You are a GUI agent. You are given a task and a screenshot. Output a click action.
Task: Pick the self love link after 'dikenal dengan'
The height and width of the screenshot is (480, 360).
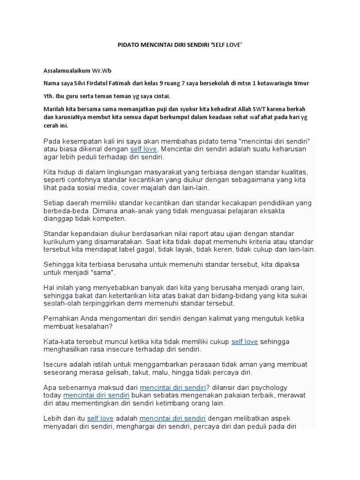144,149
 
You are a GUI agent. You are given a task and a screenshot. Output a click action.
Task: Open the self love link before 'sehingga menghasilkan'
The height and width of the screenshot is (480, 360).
245,342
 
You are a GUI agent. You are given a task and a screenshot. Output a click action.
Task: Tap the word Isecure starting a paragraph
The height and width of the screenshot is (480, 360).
56,365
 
